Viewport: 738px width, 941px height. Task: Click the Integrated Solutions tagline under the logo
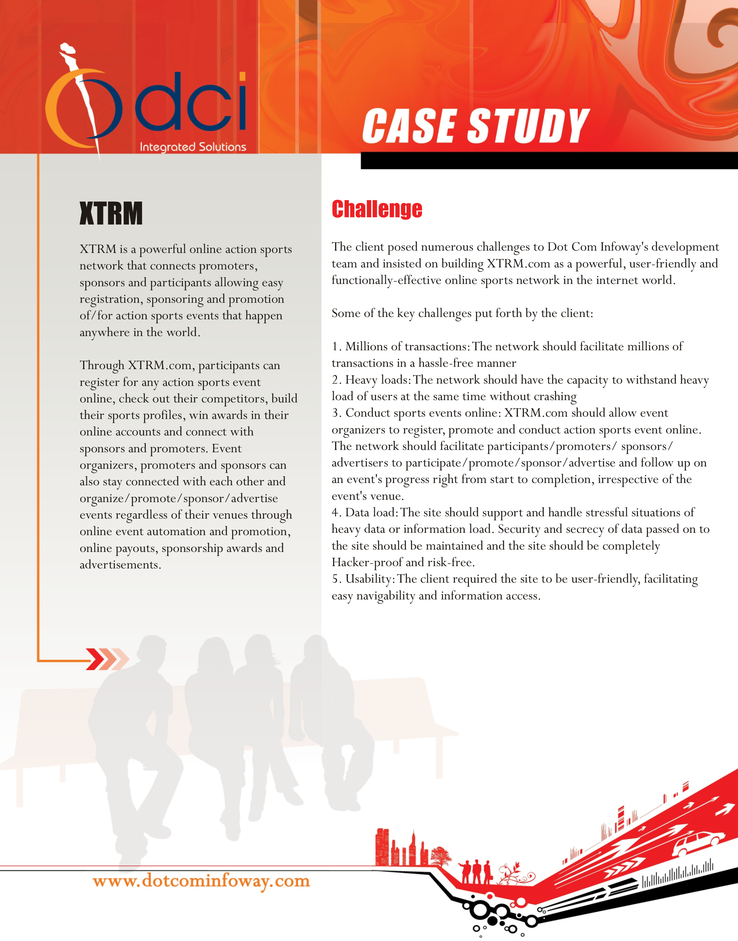(x=193, y=147)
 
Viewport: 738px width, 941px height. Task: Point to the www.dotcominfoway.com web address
(x=201, y=880)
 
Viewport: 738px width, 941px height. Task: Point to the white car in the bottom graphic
(x=697, y=843)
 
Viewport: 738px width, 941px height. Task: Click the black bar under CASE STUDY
(x=549, y=161)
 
